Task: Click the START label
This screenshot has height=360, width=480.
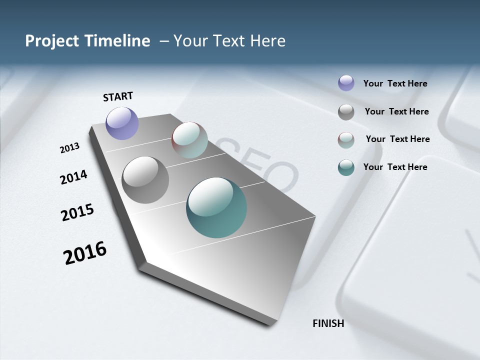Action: [x=118, y=96]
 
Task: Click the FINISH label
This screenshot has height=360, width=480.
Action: [x=328, y=323]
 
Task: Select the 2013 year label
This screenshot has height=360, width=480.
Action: [x=70, y=148]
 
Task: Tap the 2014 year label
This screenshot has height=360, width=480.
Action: [x=73, y=177]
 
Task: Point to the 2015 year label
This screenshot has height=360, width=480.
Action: [x=77, y=212]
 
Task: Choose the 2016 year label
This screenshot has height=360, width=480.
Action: [x=85, y=252]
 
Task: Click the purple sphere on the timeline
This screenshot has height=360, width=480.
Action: [x=122, y=123]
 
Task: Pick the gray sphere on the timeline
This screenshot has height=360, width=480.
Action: [x=145, y=179]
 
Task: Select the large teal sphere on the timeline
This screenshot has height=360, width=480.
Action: [x=216, y=207]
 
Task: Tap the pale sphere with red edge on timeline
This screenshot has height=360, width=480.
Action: [x=189, y=140]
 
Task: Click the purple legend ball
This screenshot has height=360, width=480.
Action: [x=346, y=83]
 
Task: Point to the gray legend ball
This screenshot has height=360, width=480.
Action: [x=346, y=112]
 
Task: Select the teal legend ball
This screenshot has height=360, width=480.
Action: [x=346, y=167]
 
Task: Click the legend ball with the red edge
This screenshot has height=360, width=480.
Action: [x=346, y=140]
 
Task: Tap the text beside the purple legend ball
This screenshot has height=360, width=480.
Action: [x=395, y=83]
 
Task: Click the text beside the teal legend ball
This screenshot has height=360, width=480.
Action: [x=395, y=167]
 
